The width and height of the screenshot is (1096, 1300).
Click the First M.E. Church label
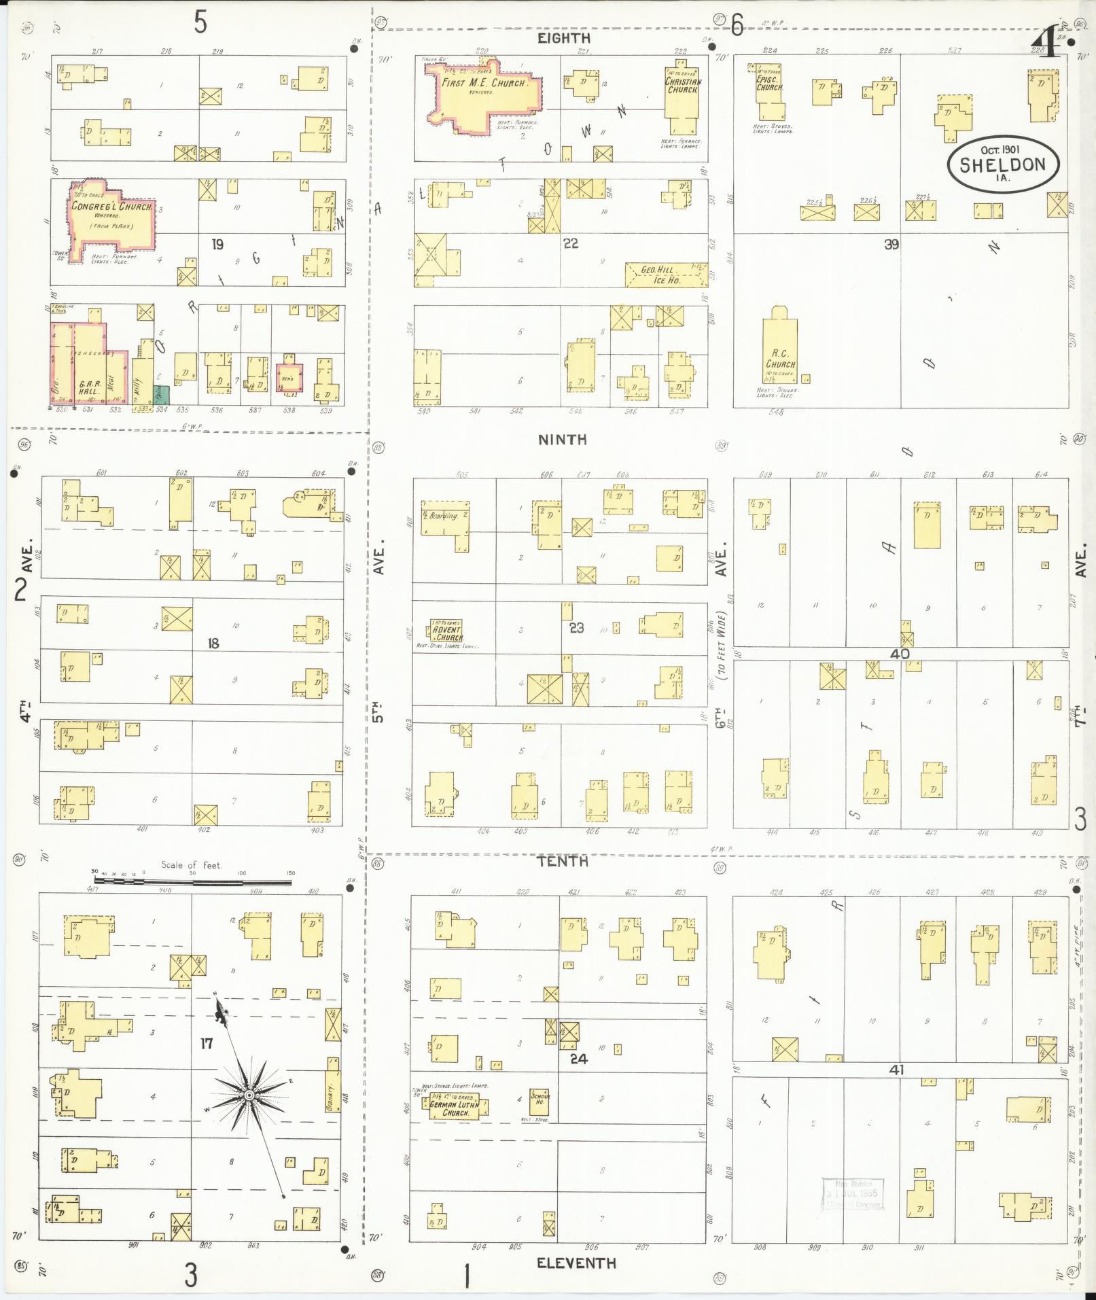(484, 83)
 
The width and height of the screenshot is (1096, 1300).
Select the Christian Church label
(683, 86)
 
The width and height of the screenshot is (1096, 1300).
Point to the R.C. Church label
(780, 359)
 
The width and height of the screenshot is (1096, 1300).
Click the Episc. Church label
(770, 83)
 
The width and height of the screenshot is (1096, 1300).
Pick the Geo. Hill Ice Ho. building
(656, 275)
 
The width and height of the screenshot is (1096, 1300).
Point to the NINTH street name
(562, 440)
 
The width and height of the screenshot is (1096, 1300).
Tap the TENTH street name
(562, 862)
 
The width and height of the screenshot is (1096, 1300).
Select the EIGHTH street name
(563, 39)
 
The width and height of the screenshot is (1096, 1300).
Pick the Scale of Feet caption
(191, 865)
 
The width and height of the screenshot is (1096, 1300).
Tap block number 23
(576, 628)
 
